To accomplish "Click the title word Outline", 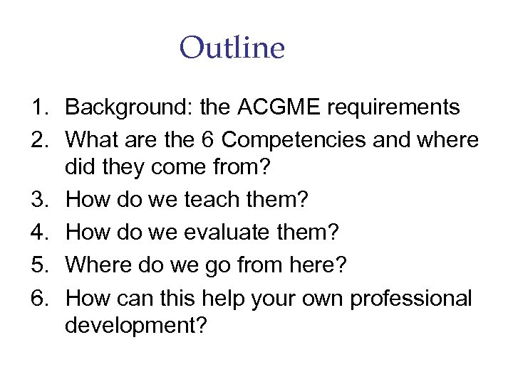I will click(232, 48).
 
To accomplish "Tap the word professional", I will click(411, 298).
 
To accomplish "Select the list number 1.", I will click(38, 108).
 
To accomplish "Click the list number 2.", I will click(38, 140).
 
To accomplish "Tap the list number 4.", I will click(38, 233).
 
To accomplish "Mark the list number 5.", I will click(38, 265).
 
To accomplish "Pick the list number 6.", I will click(38, 298).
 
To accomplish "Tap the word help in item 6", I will click(221, 298).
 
